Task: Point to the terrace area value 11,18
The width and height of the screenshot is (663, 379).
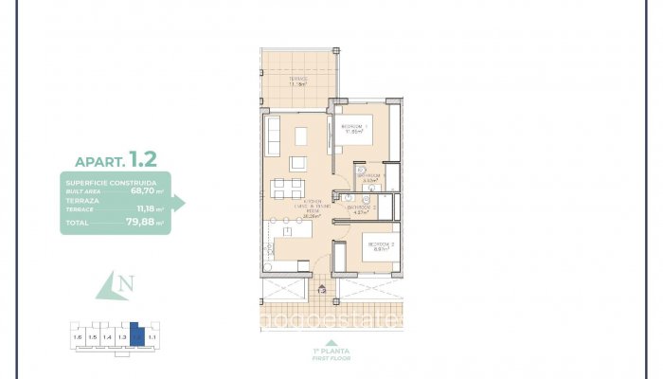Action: click(147, 208)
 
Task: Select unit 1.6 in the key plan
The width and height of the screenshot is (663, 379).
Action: click(78, 335)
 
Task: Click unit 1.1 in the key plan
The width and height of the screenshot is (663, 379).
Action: click(152, 335)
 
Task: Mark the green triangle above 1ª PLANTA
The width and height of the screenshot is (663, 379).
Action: click(331, 344)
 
